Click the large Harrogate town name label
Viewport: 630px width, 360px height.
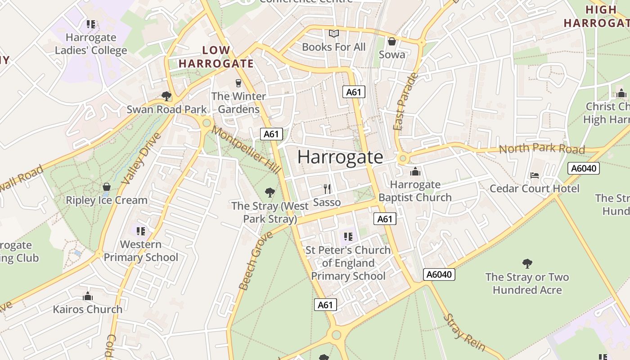click(x=340, y=157)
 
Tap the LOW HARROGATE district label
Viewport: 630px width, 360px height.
click(x=216, y=57)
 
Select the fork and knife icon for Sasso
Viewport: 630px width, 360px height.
click(x=327, y=189)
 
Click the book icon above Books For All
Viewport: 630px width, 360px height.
click(x=333, y=34)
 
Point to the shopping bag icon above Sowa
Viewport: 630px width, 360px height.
click(x=392, y=41)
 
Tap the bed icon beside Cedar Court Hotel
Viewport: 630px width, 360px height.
click(x=535, y=175)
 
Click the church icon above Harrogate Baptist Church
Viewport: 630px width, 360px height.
click(x=415, y=171)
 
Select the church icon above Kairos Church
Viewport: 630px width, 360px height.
click(x=88, y=296)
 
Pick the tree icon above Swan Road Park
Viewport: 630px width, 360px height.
click(x=166, y=96)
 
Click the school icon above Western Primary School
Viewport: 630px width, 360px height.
click(x=141, y=231)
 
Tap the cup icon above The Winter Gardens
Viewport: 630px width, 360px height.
click(x=238, y=83)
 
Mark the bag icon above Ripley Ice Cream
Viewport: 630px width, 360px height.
click(x=107, y=187)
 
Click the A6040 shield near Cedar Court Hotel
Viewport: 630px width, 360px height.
click(x=584, y=168)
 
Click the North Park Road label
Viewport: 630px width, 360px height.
click(x=542, y=148)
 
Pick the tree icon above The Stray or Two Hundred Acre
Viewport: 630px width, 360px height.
click(x=527, y=263)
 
